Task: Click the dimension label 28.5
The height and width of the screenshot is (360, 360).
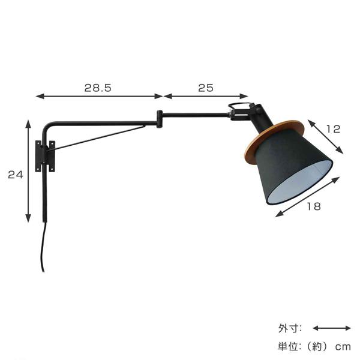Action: (x=98, y=88)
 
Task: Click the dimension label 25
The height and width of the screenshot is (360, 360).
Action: (x=206, y=88)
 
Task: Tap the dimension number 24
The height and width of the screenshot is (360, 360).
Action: (x=16, y=175)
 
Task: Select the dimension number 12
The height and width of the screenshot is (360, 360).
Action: (x=333, y=129)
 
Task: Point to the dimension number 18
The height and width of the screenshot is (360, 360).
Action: (x=314, y=206)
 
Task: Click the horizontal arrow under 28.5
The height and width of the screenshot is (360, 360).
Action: (x=100, y=96)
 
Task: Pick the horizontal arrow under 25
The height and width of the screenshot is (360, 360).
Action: (x=206, y=96)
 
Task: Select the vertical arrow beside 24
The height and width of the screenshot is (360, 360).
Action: (x=28, y=171)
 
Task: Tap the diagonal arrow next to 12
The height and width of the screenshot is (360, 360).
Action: (x=325, y=137)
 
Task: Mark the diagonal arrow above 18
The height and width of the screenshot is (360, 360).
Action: (x=307, y=197)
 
